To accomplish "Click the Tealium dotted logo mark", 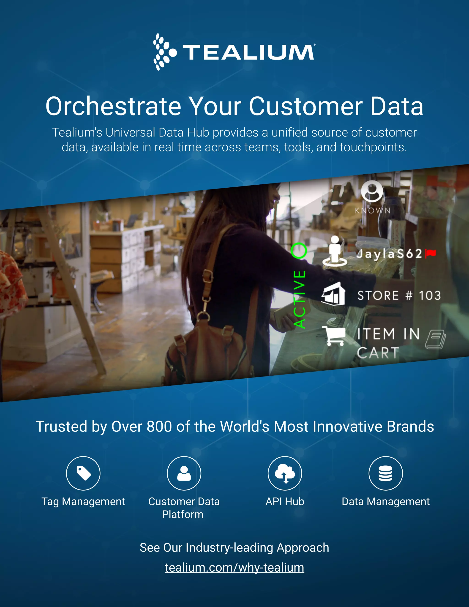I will (164, 52).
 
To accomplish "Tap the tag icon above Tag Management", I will (83, 473).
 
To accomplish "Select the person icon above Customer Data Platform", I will (184, 473).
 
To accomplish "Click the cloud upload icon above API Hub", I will (285, 473).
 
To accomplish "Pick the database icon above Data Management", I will (386, 473).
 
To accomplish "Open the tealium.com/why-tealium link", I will (234, 568).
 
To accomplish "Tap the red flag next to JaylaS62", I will (431, 253).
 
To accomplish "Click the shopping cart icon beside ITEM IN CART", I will (334, 336).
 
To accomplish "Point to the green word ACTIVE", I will (300, 299).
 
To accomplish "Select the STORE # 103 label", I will (399, 295).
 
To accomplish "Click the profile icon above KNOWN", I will (372, 191).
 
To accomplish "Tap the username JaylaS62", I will (389, 254).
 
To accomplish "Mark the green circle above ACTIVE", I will (299, 251).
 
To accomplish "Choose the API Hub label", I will (285, 502).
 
